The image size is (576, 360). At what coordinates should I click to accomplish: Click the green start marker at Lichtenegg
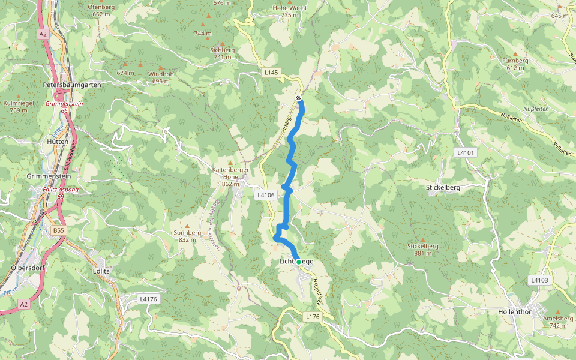point(298,262)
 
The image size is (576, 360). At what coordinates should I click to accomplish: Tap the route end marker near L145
point(298,98)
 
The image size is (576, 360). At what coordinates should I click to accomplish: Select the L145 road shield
point(272,73)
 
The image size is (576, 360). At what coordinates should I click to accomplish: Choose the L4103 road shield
point(539,280)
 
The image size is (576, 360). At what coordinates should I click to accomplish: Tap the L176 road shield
point(313,316)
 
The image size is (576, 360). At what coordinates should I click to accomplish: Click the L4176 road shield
point(148,298)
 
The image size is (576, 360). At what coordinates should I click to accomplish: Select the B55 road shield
point(58,230)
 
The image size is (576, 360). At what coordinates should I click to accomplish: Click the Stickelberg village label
point(443,187)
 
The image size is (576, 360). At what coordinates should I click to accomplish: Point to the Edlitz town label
point(102,271)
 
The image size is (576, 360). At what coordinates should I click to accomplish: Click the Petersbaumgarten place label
point(72,85)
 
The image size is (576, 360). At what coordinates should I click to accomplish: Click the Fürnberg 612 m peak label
point(515,64)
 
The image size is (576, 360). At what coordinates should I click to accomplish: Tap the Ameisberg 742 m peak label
point(553,322)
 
